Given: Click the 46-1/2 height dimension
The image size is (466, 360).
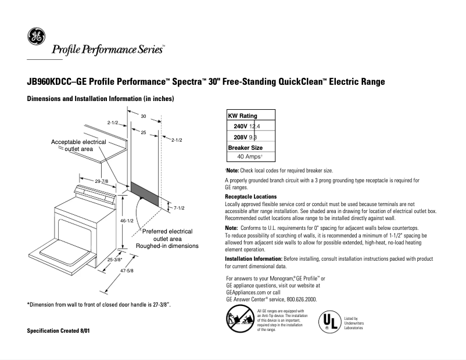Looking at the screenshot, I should click(x=126, y=221).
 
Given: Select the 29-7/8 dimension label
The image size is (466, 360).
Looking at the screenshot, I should click(x=102, y=182).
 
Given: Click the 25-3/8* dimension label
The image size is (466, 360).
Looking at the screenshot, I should click(x=114, y=260).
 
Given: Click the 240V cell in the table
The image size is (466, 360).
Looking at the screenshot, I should click(x=241, y=126).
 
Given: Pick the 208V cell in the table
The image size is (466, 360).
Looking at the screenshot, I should click(x=239, y=137).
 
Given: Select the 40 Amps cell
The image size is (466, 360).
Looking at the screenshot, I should click(x=250, y=157).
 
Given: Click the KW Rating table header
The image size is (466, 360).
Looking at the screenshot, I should click(x=243, y=116).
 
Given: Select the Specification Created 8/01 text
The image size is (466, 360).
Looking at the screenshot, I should click(x=59, y=330).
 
